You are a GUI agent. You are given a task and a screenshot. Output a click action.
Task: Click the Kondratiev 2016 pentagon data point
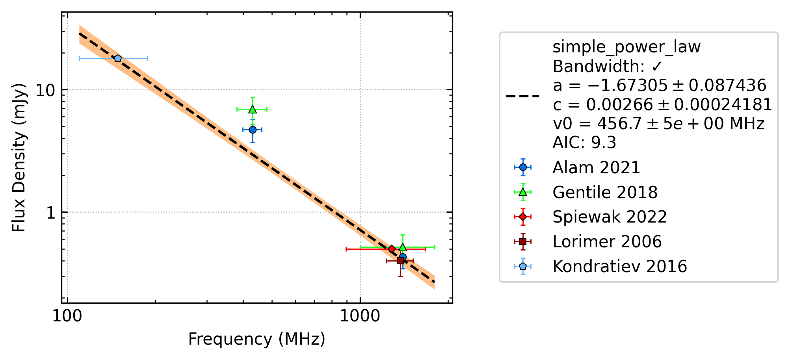pos(118,58)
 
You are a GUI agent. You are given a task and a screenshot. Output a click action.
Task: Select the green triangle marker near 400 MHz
pos(252,109)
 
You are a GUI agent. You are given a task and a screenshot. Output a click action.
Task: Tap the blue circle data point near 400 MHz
pos(253,130)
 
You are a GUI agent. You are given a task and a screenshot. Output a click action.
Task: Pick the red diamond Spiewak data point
pos(392,249)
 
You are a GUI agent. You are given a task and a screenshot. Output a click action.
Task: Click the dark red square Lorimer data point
pos(400,261)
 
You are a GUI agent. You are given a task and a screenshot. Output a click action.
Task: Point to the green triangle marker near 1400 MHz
pos(403,247)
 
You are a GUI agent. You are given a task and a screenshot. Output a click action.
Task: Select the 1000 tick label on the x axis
pos(360,316)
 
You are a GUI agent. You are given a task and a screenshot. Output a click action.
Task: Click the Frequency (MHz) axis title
pos(257,339)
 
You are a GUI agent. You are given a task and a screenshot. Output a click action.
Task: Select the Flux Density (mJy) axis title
pos(19,158)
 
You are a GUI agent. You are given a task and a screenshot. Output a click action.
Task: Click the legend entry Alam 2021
pos(597,167)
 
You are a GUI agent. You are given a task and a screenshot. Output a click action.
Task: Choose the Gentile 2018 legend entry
pos(605,192)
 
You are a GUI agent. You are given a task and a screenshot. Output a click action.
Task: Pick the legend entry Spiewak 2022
pos(610,217)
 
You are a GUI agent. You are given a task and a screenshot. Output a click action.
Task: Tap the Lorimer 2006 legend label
pos(607,241)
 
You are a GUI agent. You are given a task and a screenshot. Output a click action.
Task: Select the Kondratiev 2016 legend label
pos(620,266)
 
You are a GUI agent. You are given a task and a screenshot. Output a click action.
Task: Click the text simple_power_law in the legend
pos(626,47)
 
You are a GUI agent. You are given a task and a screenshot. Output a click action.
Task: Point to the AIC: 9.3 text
pos(584,143)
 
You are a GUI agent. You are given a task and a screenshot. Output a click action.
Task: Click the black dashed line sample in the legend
pos(523,96)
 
